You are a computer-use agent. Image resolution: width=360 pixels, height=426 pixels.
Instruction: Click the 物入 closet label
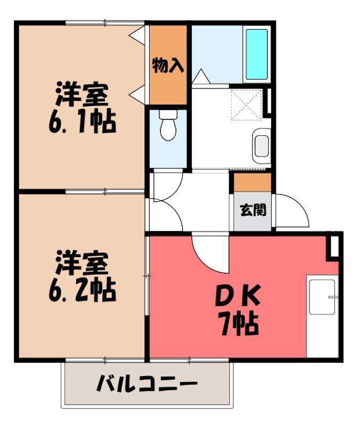[168, 66]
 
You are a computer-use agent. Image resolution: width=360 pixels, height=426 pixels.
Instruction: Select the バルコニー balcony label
[147, 384]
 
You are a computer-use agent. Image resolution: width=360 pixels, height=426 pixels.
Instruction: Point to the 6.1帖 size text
[82, 123]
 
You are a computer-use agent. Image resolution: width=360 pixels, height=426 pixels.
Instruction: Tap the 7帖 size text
[238, 324]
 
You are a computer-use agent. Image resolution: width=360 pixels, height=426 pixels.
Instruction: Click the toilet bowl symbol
[168, 127]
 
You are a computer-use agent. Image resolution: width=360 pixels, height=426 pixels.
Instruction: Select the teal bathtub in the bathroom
[257, 54]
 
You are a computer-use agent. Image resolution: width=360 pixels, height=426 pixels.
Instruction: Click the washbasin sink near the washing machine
[261, 144]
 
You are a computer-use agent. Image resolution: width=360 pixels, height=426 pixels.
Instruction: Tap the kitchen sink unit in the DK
[323, 296]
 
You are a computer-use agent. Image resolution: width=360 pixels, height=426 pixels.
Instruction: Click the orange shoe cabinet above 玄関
[252, 182]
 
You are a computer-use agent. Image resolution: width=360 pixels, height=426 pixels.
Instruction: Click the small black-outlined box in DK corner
[334, 245]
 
